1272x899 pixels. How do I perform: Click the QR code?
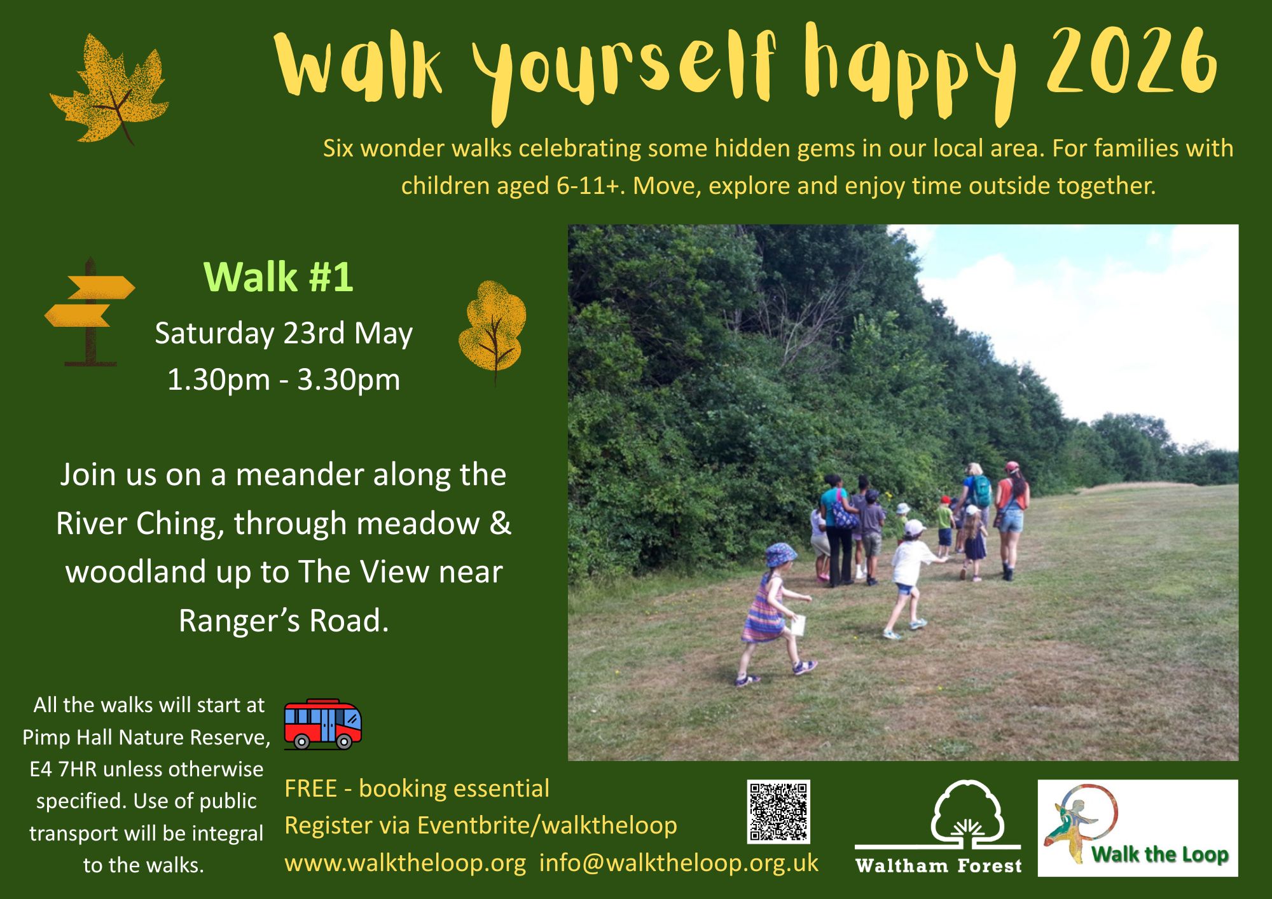pos(778,812)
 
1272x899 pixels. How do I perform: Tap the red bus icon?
pos(322,724)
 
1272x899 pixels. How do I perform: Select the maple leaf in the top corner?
pos(109,89)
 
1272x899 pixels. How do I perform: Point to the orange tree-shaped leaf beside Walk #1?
pos(492,331)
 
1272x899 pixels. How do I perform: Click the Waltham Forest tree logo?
pos(939,827)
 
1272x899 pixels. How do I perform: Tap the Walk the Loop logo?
pos(1138,828)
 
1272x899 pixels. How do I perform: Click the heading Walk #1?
pos(278,277)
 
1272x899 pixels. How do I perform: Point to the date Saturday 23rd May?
pos(284,334)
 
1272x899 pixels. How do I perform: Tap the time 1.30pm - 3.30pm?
pos(284,380)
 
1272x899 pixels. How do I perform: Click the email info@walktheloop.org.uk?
pos(679,863)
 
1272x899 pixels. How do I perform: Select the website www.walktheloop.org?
pos(405,863)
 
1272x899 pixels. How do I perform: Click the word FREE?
pos(310,788)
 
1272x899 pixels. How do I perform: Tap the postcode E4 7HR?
pos(63,769)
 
